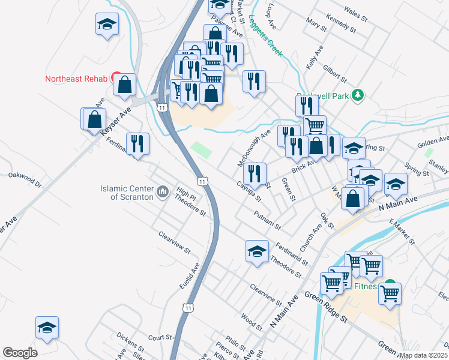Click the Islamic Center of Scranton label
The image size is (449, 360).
[128, 193]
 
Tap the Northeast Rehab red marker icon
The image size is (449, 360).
[117, 79]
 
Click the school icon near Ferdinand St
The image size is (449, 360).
[257, 251]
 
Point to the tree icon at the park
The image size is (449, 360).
[358, 95]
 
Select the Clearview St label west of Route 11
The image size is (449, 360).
[175, 241]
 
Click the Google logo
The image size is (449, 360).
[20, 353]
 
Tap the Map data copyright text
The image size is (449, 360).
[424, 355]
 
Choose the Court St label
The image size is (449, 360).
[160, 337]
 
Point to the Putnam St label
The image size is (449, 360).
[267, 220]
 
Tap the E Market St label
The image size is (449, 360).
[402, 232]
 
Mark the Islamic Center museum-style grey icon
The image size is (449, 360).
[163, 192]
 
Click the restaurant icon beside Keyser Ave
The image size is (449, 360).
[138, 143]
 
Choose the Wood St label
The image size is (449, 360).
[253, 322]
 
